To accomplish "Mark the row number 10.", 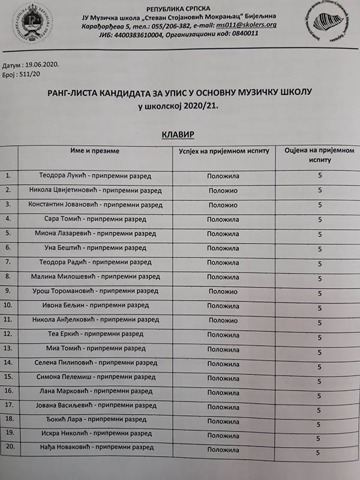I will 8,305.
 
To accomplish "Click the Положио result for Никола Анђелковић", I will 223,320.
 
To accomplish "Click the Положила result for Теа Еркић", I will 223,335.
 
